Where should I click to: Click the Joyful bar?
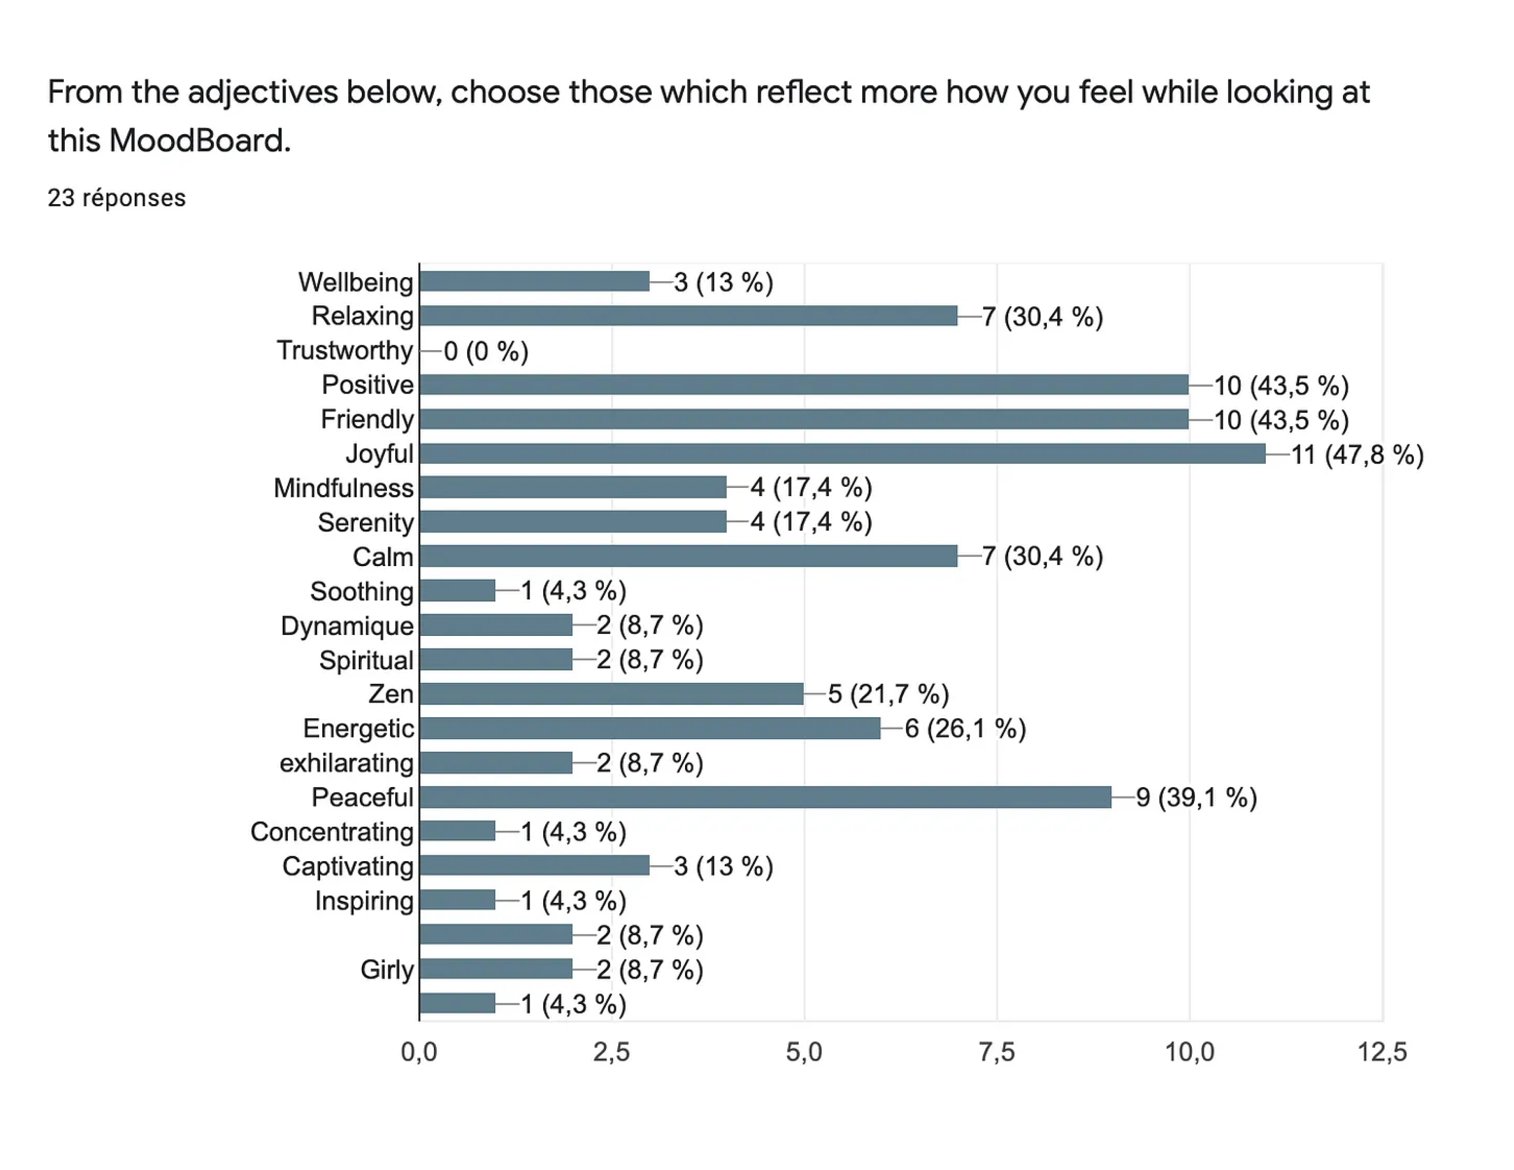pyautogui.click(x=842, y=454)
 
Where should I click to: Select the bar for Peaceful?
pyautogui.click(x=766, y=797)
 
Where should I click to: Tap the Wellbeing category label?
pyautogui.click(x=356, y=282)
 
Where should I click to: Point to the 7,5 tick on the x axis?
pyautogui.click(x=997, y=1052)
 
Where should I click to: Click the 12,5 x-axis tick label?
pyautogui.click(x=1382, y=1052)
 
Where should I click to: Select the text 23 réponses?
pyautogui.click(x=117, y=198)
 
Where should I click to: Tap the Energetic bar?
pyautogui.click(x=650, y=728)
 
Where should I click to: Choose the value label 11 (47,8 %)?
pyautogui.click(x=1356, y=455)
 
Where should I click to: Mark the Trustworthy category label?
pyautogui.click(x=344, y=351)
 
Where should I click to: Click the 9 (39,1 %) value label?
pyautogui.click(x=1196, y=798)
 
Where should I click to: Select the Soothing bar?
pyautogui.click(x=458, y=591)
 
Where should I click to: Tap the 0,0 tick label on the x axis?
pyautogui.click(x=419, y=1052)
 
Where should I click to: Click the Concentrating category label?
pyautogui.click(x=332, y=831)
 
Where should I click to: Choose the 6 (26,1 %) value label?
pyautogui.click(x=965, y=729)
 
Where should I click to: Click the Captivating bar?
pyautogui.click(x=534, y=865)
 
